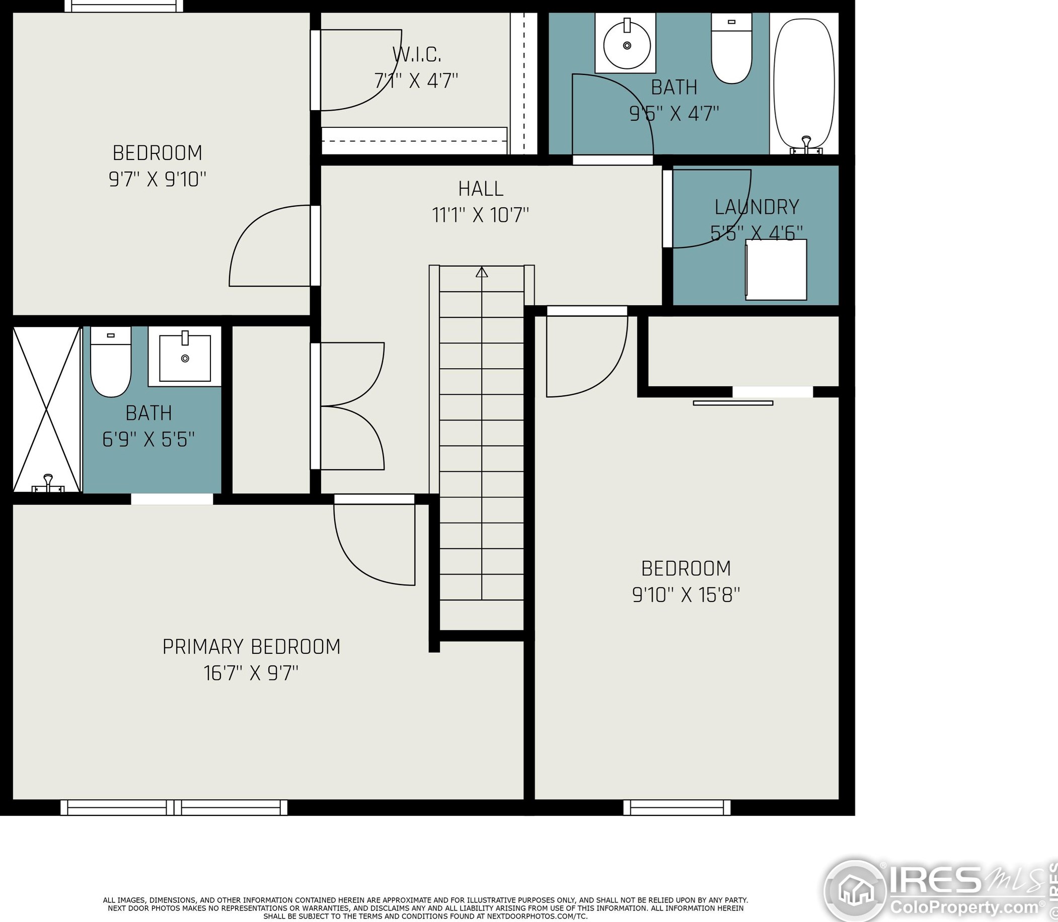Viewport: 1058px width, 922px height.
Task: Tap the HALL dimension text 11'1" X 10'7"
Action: click(480, 215)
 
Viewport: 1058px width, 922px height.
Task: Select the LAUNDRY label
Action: click(757, 207)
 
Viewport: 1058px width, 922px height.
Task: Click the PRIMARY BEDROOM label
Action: click(251, 647)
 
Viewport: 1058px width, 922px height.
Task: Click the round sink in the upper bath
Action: click(627, 45)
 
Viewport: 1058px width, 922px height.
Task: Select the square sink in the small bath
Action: click(185, 358)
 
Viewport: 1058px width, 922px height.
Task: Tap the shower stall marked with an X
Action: click(47, 409)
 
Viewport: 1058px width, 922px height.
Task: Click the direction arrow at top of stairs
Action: click(481, 272)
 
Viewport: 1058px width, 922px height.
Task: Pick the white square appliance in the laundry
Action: click(776, 270)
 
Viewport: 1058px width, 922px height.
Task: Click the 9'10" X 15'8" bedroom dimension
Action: click(686, 595)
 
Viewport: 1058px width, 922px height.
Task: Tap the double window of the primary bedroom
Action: click(174, 807)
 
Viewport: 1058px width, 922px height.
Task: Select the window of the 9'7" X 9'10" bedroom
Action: click(123, 6)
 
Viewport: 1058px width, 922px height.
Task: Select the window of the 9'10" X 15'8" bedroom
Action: click(676, 807)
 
